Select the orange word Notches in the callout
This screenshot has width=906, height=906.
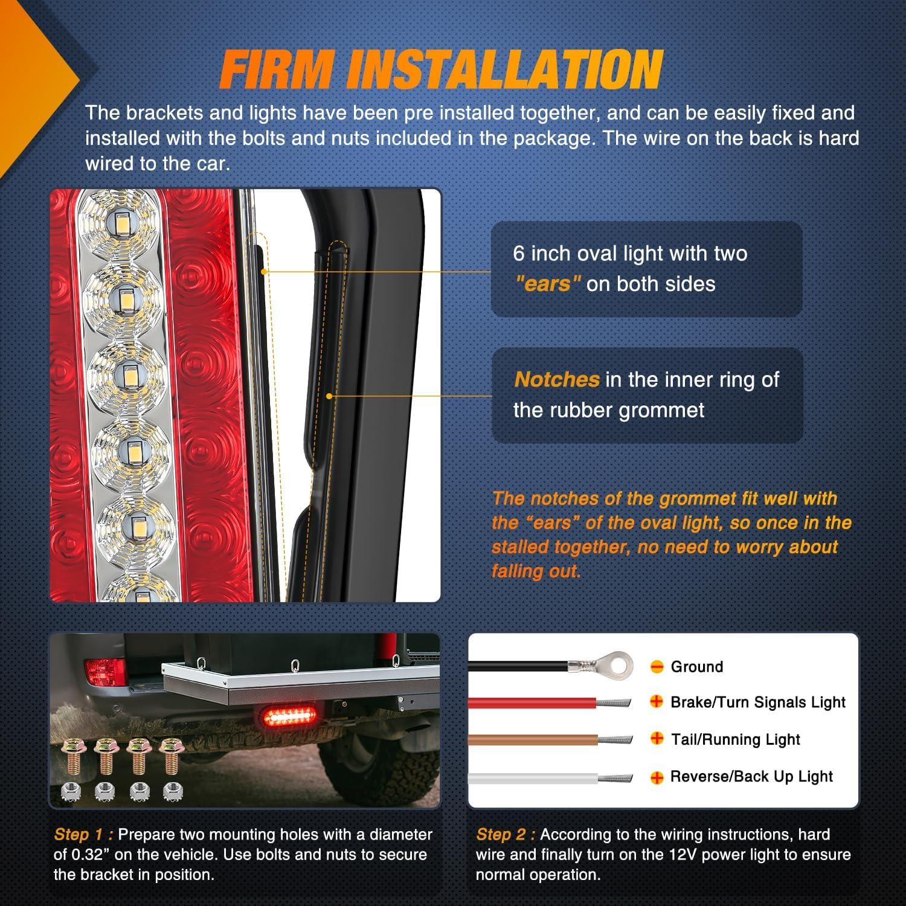(x=556, y=379)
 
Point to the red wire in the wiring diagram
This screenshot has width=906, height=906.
(x=532, y=702)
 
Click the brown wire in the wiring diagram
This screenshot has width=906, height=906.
(x=532, y=739)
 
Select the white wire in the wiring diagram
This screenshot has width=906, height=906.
(x=532, y=777)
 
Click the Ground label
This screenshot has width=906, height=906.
(x=696, y=667)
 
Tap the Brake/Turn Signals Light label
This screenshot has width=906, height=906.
(x=757, y=702)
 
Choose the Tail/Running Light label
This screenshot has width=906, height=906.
(x=735, y=739)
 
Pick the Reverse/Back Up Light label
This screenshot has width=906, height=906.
(x=751, y=777)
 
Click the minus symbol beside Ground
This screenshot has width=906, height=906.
(x=657, y=667)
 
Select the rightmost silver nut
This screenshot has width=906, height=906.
(x=173, y=789)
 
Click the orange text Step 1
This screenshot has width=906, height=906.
(x=83, y=835)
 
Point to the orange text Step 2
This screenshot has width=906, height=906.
(x=506, y=835)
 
